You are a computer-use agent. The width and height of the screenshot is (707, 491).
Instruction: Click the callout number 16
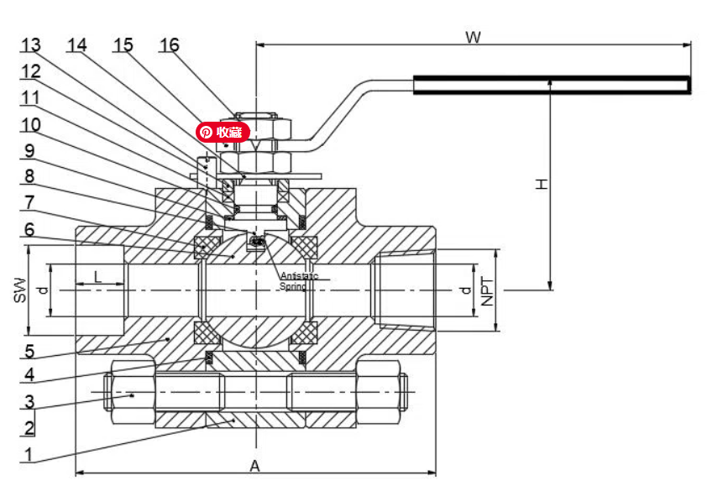(x=169, y=44)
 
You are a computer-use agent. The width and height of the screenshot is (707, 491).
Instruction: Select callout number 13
(x=31, y=44)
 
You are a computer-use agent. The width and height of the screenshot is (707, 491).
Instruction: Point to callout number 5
(x=29, y=351)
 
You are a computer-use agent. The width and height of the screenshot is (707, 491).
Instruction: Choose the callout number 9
(x=29, y=151)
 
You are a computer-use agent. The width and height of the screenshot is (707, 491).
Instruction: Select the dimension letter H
(x=542, y=182)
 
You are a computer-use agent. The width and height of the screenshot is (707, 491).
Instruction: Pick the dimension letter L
(x=97, y=276)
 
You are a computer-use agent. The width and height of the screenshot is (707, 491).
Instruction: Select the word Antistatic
(x=298, y=275)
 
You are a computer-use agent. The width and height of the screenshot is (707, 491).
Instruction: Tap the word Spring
(x=292, y=286)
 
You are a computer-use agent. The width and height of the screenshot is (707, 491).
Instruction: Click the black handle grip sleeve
(x=551, y=84)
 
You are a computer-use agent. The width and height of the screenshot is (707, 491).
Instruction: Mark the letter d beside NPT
(x=464, y=290)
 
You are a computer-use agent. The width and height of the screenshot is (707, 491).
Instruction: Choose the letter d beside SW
(x=41, y=290)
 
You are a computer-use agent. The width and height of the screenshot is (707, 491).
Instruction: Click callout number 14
(x=77, y=44)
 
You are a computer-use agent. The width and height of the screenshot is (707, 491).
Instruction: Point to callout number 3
(x=29, y=401)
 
